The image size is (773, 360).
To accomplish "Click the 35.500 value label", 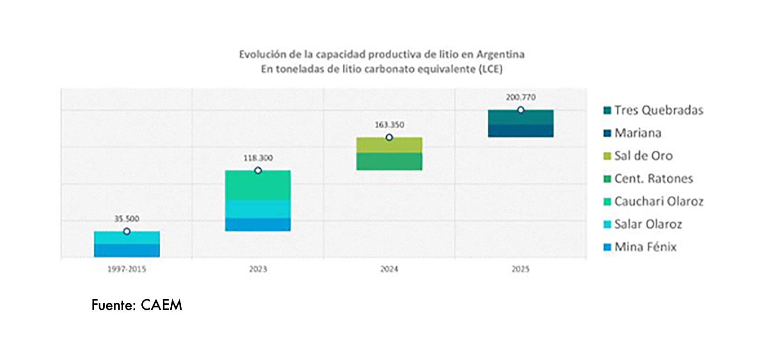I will click(127, 219).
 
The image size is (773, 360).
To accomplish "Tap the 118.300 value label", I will click(258, 158).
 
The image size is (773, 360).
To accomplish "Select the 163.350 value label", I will click(389, 125).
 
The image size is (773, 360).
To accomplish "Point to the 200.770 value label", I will click(521, 97).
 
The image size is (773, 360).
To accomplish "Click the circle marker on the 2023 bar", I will click(258, 170).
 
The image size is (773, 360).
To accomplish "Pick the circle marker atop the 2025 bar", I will click(521, 110).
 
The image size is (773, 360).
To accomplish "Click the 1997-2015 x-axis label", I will click(127, 269).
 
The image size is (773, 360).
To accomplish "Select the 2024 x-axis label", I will click(389, 269).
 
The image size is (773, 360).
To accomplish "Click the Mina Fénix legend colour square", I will click(608, 247).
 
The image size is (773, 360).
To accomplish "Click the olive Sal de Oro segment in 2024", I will click(389, 145).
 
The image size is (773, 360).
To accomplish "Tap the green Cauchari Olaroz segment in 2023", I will click(258, 185).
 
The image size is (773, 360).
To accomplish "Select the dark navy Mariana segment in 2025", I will click(521, 131).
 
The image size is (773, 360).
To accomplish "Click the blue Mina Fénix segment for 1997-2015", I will click(127, 250).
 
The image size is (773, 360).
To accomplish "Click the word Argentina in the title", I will click(500, 54).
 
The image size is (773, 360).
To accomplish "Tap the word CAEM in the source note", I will click(161, 305).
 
